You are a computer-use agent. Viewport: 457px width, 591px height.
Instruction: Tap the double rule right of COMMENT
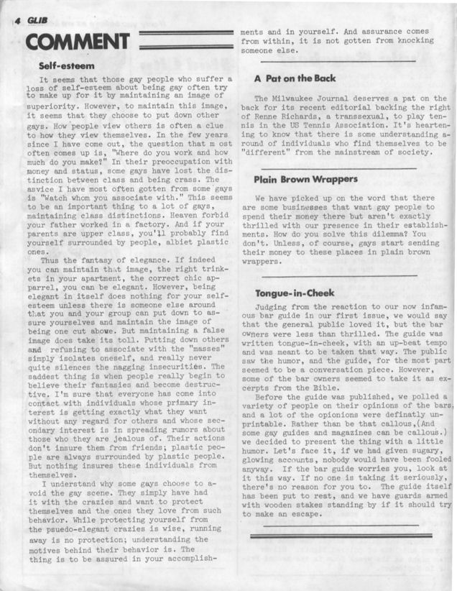point(186,37)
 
